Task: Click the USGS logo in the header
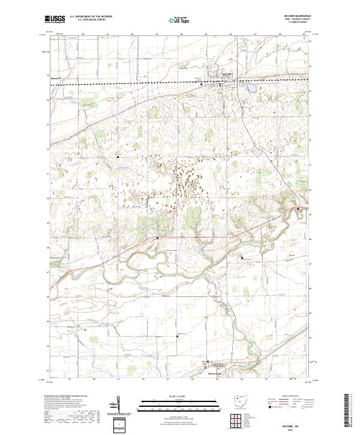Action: [55, 19]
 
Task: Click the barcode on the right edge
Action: [351, 413]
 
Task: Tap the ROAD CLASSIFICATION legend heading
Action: [292, 397]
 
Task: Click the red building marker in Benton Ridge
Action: [208, 362]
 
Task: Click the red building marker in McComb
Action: [220, 85]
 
